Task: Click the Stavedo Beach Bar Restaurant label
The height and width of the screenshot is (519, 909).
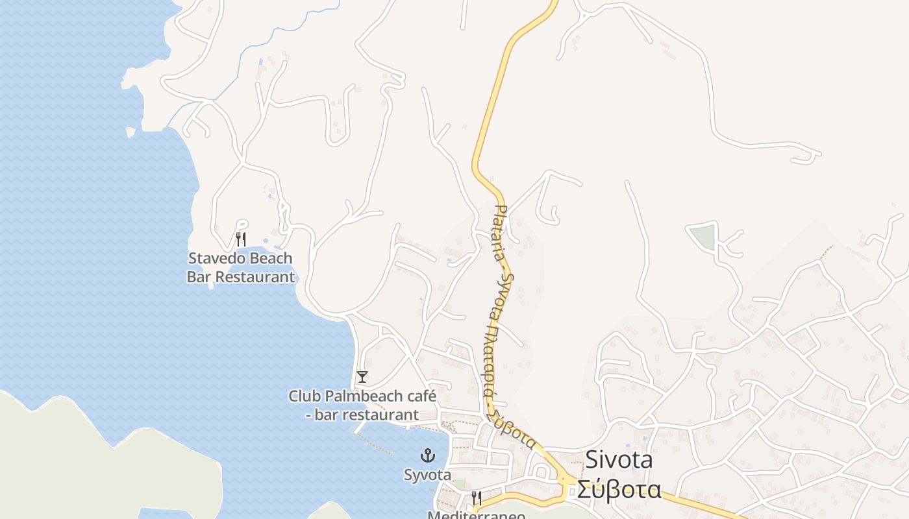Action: click(x=240, y=267)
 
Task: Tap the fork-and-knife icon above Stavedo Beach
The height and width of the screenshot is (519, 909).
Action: click(x=240, y=239)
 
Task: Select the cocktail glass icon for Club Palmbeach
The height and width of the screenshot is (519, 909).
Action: click(x=362, y=377)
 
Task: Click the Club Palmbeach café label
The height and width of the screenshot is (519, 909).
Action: click(x=362, y=405)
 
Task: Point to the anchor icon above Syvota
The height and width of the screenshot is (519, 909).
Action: click(x=427, y=455)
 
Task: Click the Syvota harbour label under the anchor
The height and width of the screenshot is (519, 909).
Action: click(x=427, y=475)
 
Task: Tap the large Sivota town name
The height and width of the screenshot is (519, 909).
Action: click(x=619, y=459)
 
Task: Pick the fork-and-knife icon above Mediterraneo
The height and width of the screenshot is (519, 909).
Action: click(x=476, y=498)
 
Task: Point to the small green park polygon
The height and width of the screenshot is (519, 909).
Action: click(x=703, y=236)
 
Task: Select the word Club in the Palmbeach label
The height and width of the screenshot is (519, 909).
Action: click(x=304, y=396)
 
